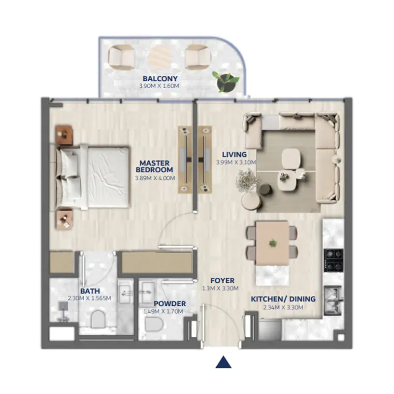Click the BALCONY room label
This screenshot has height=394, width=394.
[160, 78]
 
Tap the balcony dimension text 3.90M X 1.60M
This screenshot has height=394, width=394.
[159, 86]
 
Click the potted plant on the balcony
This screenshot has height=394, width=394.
[225, 81]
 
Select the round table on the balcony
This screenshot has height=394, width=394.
[160, 58]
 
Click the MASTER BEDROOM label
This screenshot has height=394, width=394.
[155, 166]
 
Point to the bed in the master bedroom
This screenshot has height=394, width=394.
[93, 177]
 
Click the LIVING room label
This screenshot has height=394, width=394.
[234, 154]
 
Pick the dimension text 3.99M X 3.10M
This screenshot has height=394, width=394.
[236, 163]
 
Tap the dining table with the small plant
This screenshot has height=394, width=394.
[272, 243]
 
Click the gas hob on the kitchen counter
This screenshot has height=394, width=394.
[333, 260]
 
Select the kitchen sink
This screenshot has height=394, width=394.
[334, 300]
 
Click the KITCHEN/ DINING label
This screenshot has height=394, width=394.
[283, 299]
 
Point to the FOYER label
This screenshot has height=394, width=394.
[223, 280]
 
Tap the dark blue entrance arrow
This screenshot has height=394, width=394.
[224, 362]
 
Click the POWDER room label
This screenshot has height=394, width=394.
[170, 303]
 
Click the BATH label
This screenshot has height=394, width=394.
[90, 291]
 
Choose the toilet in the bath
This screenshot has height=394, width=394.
[98, 319]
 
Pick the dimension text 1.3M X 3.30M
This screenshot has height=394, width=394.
[220, 289]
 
